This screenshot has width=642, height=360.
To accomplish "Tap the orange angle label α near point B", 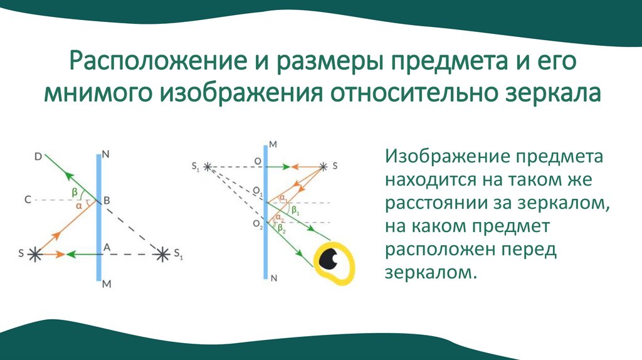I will [x=78, y=205].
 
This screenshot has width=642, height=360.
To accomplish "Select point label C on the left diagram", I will [x=28, y=201].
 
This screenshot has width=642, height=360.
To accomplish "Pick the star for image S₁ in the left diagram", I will [x=163, y=254].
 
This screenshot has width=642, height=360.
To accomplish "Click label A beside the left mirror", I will [x=107, y=247].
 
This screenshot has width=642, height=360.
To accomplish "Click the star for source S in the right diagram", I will [x=324, y=167].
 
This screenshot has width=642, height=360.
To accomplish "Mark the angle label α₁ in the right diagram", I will [x=283, y=198].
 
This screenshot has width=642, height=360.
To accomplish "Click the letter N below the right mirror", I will [x=273, y=282].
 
